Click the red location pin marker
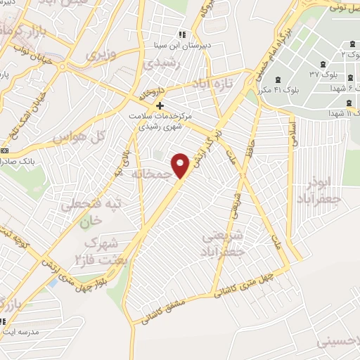click(181, 166)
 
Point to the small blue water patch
click(51, 283)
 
